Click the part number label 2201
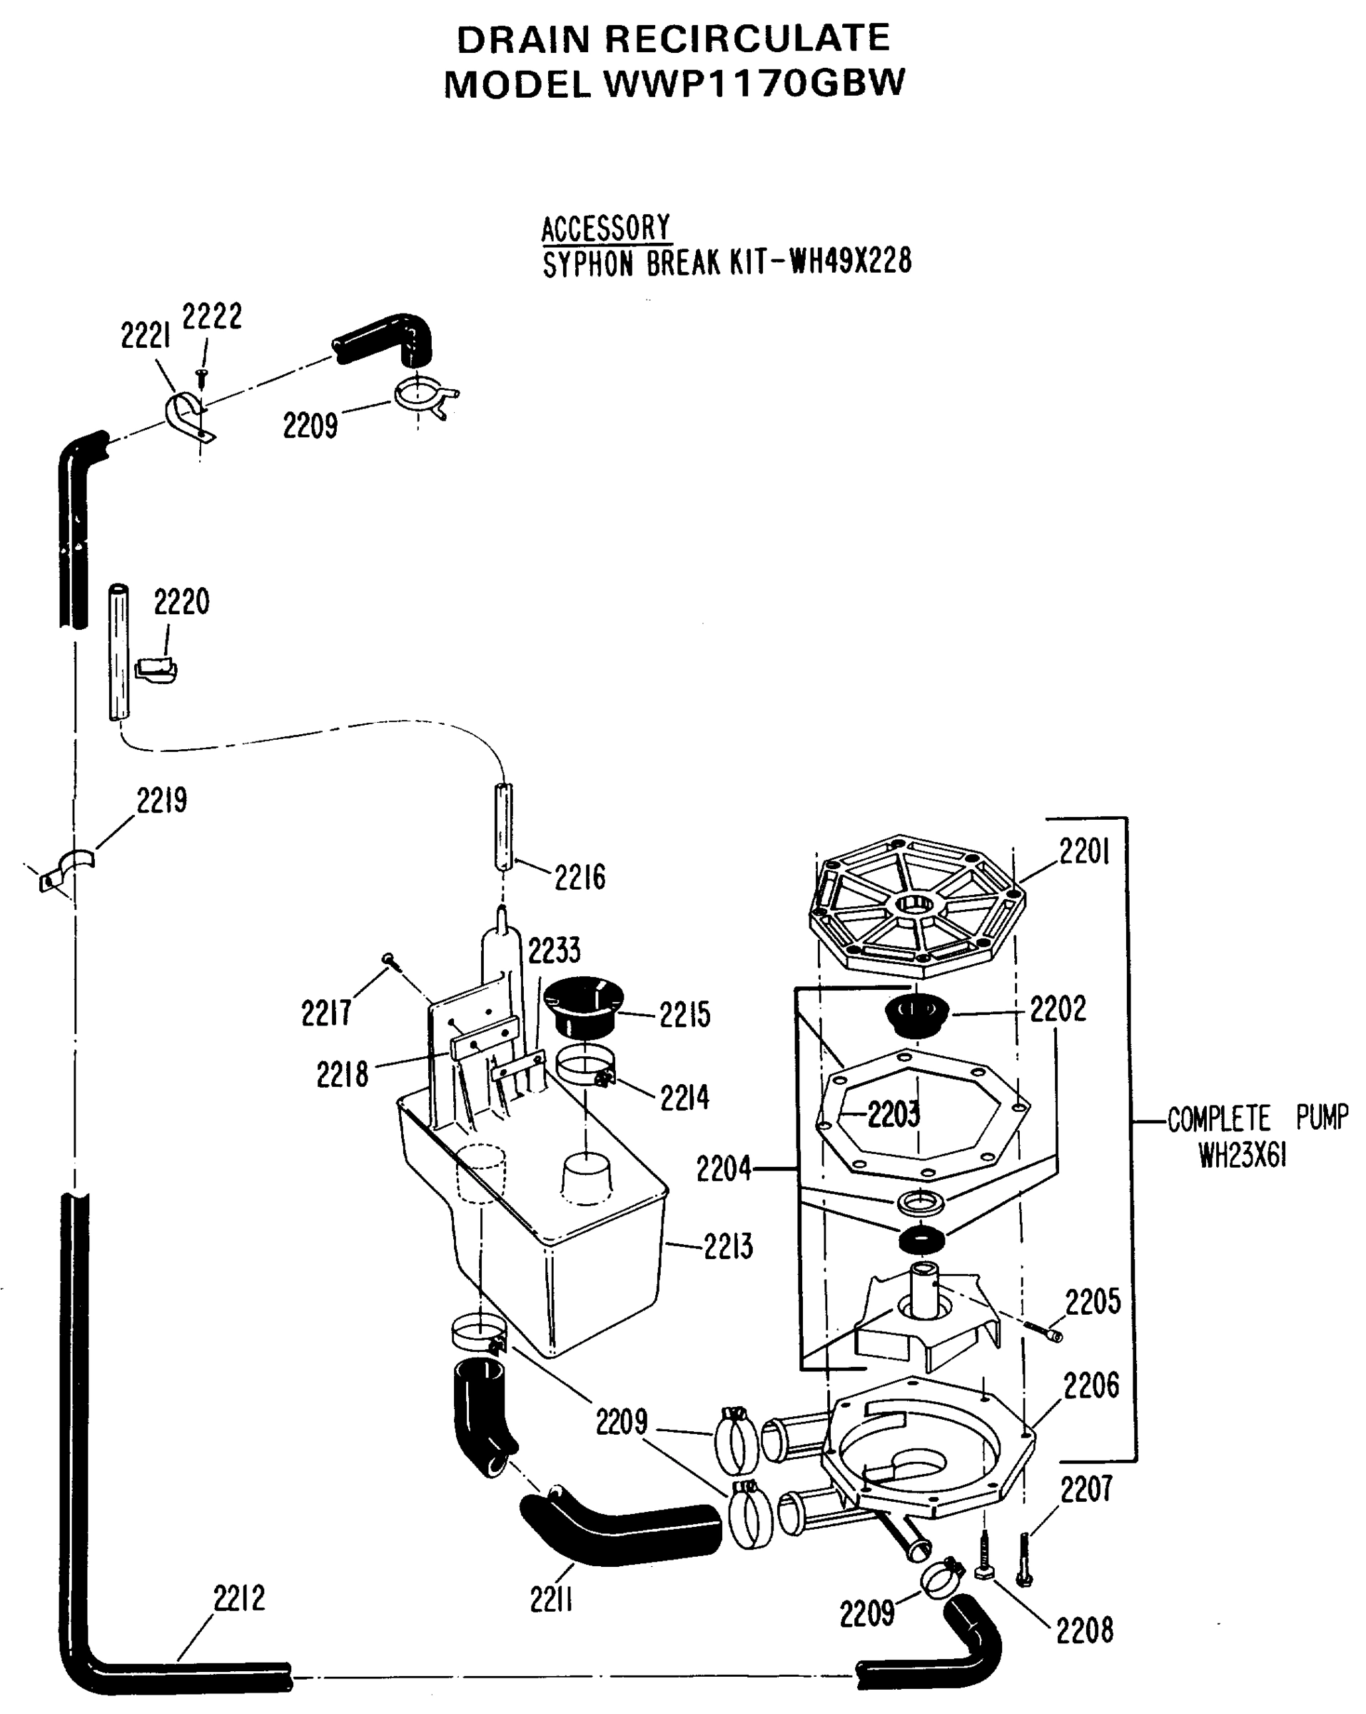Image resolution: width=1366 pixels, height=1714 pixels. click(x=1083, y=852)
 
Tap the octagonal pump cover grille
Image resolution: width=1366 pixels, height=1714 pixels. click(x=916, y=906)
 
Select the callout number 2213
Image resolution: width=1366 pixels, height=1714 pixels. click(x=727, y=1246)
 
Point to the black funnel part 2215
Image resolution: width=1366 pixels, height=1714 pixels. click(x=583, y=1007)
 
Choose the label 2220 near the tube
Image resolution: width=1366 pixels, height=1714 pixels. click(x=181, y=602)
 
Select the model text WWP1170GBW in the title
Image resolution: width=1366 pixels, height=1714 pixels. click(x=754, y=84)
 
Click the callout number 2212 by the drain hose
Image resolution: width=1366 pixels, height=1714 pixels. click(x=238, y=1598)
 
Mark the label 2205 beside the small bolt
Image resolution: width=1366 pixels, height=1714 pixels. click(x=1093, y=1302)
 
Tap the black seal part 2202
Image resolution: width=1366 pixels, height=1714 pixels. click(x=916, y=1016)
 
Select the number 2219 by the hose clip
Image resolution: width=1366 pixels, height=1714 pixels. click(x=161, y=801)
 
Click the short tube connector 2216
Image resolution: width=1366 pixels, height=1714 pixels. click(x=504, y=827)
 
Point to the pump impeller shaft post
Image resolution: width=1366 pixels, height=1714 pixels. click(x=925, y=1290)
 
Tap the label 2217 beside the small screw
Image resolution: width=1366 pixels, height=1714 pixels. click(x=326, y=1013)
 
